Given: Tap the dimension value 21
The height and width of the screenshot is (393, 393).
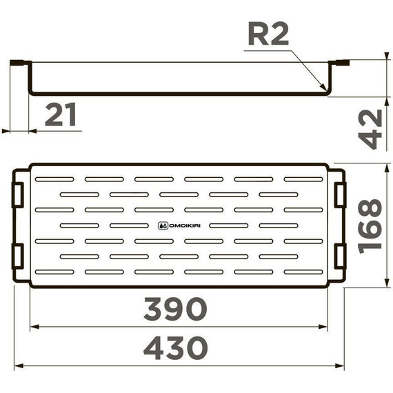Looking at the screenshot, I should pyautogui.click(x=61, y=115).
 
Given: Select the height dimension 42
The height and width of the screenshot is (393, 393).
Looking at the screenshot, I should pyautogui.click(x=372, y=128).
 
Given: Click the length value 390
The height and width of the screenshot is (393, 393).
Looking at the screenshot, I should pyautogui.click(x=175, y=310).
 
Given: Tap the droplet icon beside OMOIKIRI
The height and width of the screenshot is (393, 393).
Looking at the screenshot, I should pyautogui.click(x=162, y=224).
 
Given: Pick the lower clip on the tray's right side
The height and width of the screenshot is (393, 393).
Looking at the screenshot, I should pyautogui.click(x=339, y=256).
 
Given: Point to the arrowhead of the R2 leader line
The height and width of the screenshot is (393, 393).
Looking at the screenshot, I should pyautogui.click(x=324, y=88).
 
